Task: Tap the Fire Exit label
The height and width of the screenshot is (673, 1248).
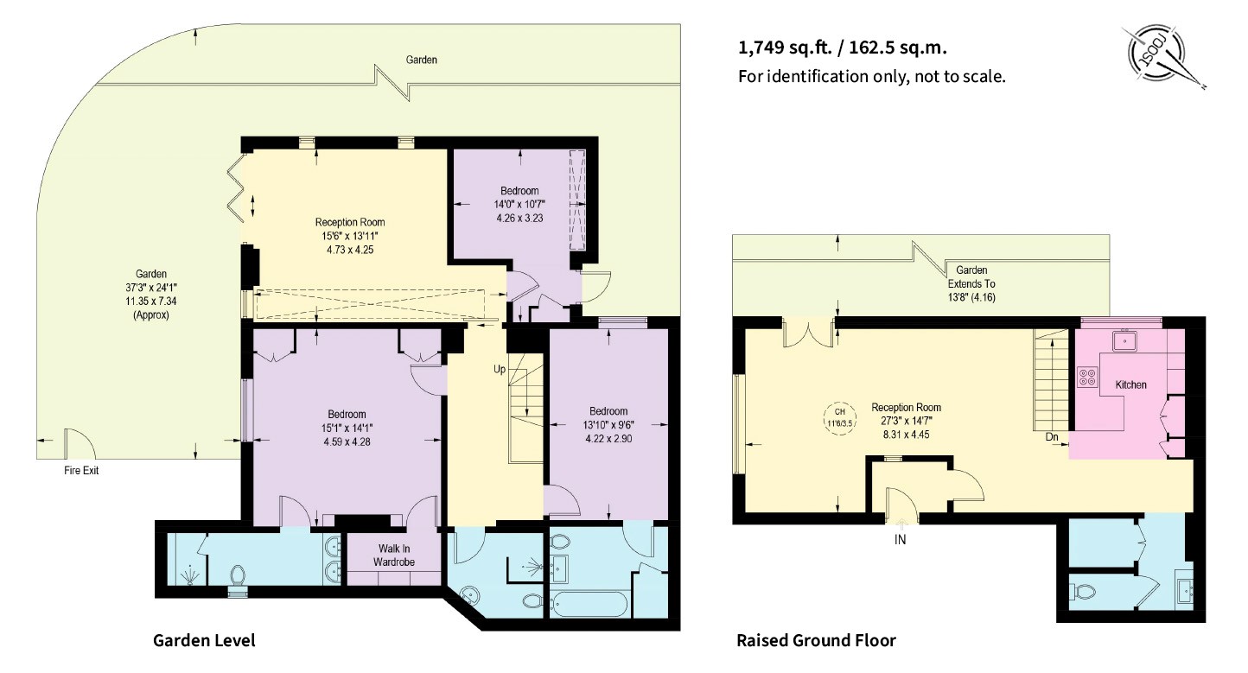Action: click(81, 470)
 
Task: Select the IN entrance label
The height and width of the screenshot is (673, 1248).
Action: click(900, 539)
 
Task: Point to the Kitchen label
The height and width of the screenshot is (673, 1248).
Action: click(1130, 384)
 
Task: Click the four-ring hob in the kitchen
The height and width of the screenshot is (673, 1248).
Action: click(1087, 378)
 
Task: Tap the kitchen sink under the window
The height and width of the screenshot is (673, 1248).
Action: click(1125, 340)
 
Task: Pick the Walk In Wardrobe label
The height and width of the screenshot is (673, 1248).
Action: click(394, 556)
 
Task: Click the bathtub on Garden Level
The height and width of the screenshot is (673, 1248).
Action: click(589, 605)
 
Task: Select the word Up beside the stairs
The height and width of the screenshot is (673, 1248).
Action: click(500, 370)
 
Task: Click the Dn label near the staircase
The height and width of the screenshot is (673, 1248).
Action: click(1051, 437)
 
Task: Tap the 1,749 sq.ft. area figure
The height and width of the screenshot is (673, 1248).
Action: click(785, 48)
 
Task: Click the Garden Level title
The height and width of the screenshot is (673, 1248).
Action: click(204, 641)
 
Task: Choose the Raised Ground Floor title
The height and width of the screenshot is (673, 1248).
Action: click(816, 641)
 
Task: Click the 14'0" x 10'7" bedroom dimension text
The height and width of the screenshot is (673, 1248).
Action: click(519, 205)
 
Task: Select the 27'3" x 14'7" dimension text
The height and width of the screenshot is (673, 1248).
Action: click(906, 422)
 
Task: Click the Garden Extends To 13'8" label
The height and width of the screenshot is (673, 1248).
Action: click(971, 283)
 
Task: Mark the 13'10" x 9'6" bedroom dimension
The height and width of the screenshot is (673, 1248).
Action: click(608, 425)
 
